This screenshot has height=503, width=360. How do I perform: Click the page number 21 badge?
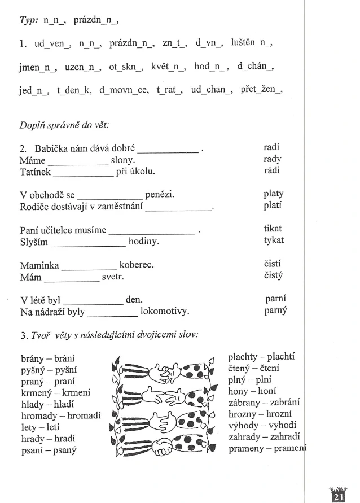pyautogui.click(x=339, y=495)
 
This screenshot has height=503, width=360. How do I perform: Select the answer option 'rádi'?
pyautogui.click(x=272, y=170)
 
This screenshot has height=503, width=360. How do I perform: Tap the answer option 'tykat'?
pyautogui.click(x=274, y=240)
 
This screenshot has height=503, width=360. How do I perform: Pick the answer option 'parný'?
pyautogui.click(x=275, y=310)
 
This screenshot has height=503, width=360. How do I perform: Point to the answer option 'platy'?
pyautogui.click(x=273, y=194)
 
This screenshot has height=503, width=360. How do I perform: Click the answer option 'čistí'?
pyautogui.click(x=273, y=264)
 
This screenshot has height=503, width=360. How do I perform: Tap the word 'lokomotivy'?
pyautogui.click(x=164, y=312)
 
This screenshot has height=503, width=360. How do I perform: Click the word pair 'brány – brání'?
pyautogui.click(x=48, y=358)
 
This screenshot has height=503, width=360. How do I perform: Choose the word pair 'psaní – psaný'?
pyautogui.click(x=49, y=450)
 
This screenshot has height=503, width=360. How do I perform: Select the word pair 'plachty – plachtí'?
pyautogui.click(x=261, y=357)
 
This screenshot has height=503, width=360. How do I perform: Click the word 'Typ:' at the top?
pyautogui.click(x=29, y=20)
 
